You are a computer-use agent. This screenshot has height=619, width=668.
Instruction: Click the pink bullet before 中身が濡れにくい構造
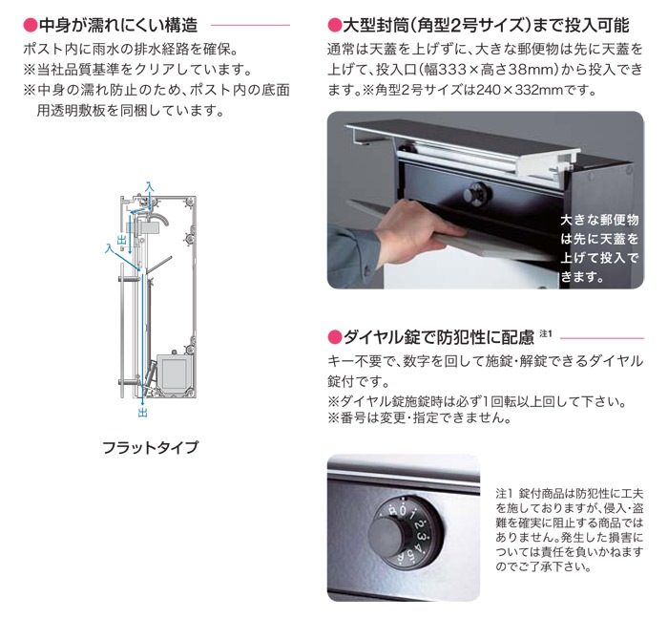tap(31, 25)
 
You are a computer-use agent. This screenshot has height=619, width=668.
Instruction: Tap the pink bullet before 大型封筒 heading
tap(334, 25)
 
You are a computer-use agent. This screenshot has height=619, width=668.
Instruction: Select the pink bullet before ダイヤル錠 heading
tap(334, 337)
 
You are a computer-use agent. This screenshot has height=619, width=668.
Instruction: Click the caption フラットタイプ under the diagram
tap(151, 447)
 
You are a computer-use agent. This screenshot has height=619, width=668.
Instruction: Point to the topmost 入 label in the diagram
tap(149, 187)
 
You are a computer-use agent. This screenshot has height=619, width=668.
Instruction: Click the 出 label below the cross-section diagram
tap(143, 413)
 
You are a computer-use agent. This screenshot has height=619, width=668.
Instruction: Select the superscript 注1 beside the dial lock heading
tap(546, 333)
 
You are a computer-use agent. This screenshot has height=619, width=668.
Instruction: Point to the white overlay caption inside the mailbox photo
tap(599, 248)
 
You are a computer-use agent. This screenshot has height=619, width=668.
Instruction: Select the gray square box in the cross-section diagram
tap(173, 372)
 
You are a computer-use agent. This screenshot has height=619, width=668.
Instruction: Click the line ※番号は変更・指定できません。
tap(420, 417)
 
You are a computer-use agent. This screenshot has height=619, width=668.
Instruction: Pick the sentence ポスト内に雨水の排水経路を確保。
tap(131, 49)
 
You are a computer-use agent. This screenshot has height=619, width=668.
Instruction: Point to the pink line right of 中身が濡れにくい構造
tap(250, 25)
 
